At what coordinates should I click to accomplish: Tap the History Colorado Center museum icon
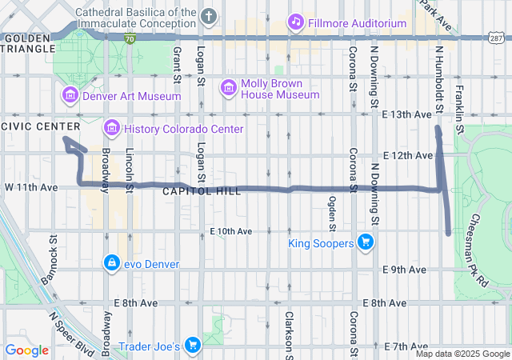pos(111,128)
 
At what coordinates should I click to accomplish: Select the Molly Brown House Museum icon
pos(229,86)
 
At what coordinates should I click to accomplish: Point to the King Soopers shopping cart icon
pos(366,242)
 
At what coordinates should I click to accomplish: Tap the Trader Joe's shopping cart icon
pos(192,345)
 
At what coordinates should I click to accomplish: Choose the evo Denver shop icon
pos(111,262)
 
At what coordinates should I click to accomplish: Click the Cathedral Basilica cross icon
pos(209,16)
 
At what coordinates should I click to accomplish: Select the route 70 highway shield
pos(130,38)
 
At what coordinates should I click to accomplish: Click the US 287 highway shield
pos(497,38)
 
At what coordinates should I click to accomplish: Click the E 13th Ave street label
pos(406,114)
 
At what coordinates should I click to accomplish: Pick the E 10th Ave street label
pos(231,231)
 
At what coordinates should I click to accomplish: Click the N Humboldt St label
pos(438,78)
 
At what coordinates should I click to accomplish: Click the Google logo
pos(26,350)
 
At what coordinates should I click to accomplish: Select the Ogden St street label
pos(330,217)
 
